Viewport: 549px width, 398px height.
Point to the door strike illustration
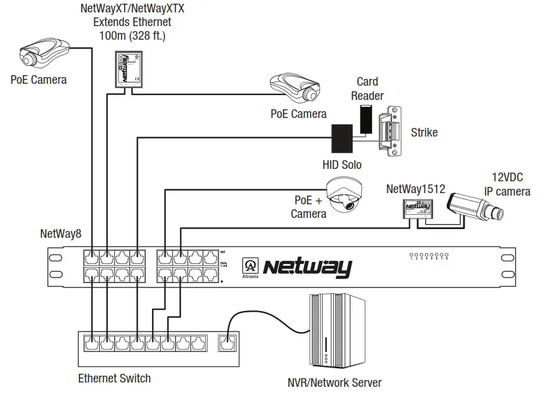(x=390, y=131)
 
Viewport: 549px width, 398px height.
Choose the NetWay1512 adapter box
(x=414, y=209)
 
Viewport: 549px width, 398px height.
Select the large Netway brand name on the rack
(x=307, y=268)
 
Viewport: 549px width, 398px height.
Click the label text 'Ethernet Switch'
(x=114, y=378)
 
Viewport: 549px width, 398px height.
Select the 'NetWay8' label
(x=61, y=234)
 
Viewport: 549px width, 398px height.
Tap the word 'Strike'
(x=424, y=132)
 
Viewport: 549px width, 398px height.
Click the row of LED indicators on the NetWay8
(x=429, y=255)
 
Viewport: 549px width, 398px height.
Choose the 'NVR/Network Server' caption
(x=334, y=382)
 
